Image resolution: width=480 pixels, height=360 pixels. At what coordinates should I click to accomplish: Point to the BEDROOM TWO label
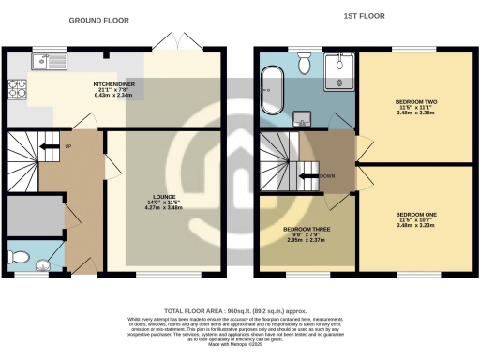(414, 100)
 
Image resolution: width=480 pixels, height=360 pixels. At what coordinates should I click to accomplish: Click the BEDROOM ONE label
(414, 214)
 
